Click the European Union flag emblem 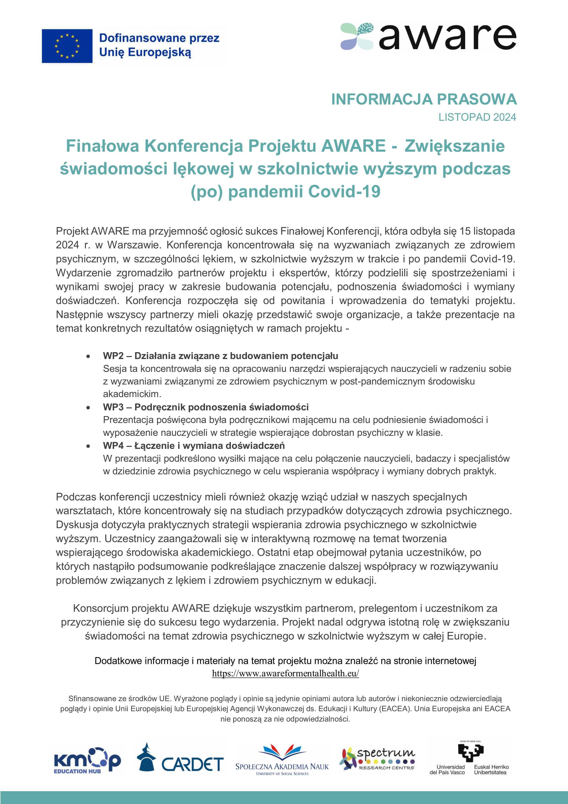point(67,46)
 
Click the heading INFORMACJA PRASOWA point(424,99)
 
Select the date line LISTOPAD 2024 point(477,117)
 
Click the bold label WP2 point(113,356)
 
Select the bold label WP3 point(113,407)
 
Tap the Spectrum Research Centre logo point(377,759)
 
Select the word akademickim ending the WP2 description point(132,394)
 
